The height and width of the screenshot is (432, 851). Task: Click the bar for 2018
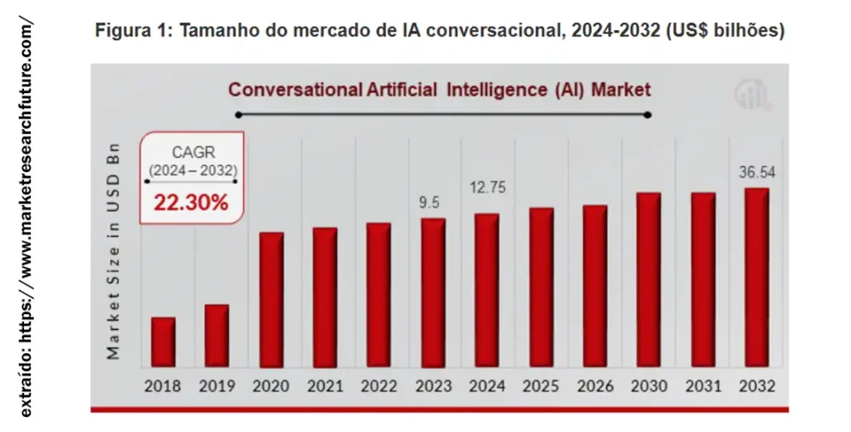163,341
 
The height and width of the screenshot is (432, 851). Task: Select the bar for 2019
216,336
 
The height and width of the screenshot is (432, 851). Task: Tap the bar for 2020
271,299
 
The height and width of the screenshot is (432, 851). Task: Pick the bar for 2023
433,292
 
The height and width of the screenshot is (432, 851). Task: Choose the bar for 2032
756,277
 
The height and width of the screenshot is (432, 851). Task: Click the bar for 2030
648,279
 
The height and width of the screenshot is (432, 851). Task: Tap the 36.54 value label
756,172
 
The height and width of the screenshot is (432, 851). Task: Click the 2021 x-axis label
325,386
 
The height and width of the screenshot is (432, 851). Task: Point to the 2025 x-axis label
540,386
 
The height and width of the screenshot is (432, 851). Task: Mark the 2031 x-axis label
703,386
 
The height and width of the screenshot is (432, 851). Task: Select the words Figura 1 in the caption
134,32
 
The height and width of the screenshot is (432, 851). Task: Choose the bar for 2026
594,286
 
